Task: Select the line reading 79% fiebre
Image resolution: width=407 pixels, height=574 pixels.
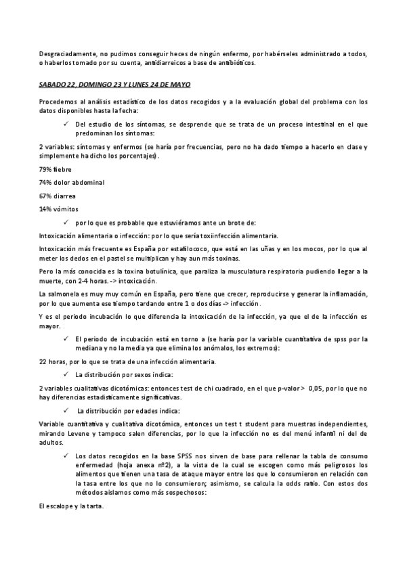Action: click(x=56, y=169)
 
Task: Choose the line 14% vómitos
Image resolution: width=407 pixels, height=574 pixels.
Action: click(x=59, y=209)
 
